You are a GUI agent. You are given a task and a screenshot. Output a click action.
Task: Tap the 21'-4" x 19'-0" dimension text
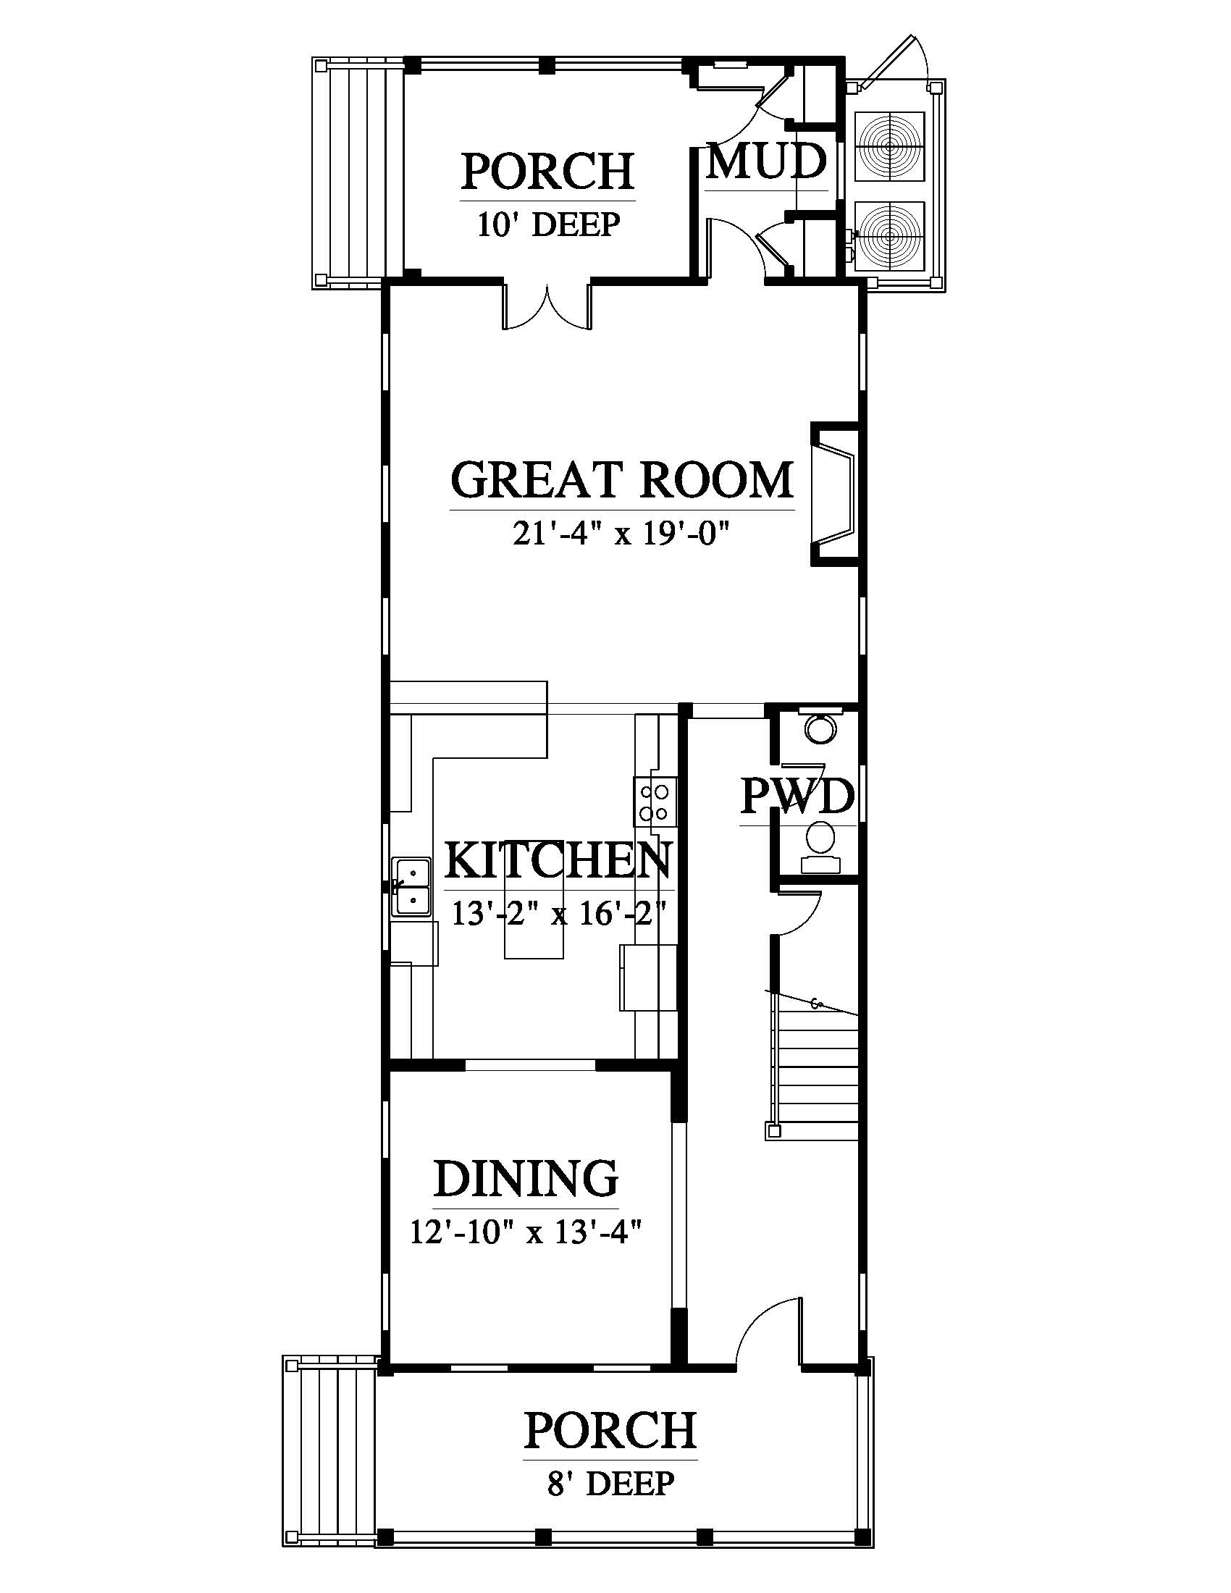coord(622,535)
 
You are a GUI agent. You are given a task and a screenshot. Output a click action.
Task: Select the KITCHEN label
coord(558,861)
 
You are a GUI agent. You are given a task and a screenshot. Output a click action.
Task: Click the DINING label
coord(526,1179)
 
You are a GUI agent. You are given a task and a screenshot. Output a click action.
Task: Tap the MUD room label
coord(767,162)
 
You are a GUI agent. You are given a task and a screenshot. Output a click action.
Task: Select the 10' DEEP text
coord(548,224)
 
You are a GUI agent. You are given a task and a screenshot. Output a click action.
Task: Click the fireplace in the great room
coord(836,494)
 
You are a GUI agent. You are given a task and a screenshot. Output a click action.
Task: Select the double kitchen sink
coord(413,887)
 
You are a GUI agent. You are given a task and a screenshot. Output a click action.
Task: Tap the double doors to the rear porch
coord(547,306)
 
